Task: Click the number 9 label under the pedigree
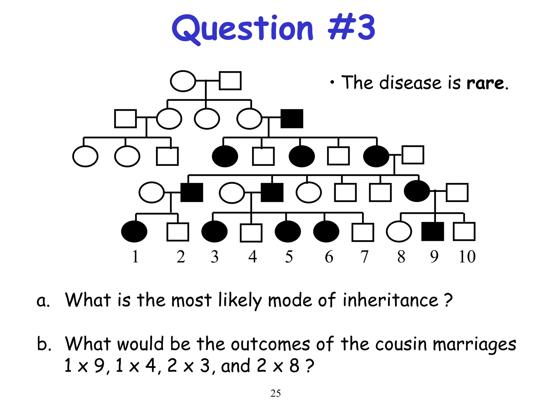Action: click(x=434, y=257)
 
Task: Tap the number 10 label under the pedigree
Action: click(x=467, y=257)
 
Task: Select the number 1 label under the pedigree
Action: click(x=135, y=257)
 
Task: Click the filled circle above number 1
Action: click(x=134, y=231)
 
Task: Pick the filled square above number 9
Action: click(x=432, y=231)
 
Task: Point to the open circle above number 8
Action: click(x=399, y=231)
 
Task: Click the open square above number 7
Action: click(x=363, y=232)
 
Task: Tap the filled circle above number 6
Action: click(x=326, y=231)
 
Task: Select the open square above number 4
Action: click(x=251, y=233)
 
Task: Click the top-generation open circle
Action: click(x=183, y=81)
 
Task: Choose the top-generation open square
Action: click(x=230, y=81)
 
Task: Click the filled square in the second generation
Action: click(x=292, y=119)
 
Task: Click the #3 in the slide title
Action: click(x=351, y=28)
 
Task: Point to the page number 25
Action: click(x=275, y=393)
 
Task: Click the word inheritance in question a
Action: click(x=390, y=300)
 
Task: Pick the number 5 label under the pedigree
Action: click(x=289, y=257)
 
